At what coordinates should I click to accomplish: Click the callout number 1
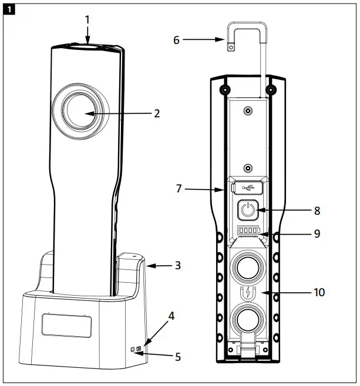pos(87,19)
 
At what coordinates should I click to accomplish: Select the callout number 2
pos(157,113)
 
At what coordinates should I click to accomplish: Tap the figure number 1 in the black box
pos(9,9)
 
